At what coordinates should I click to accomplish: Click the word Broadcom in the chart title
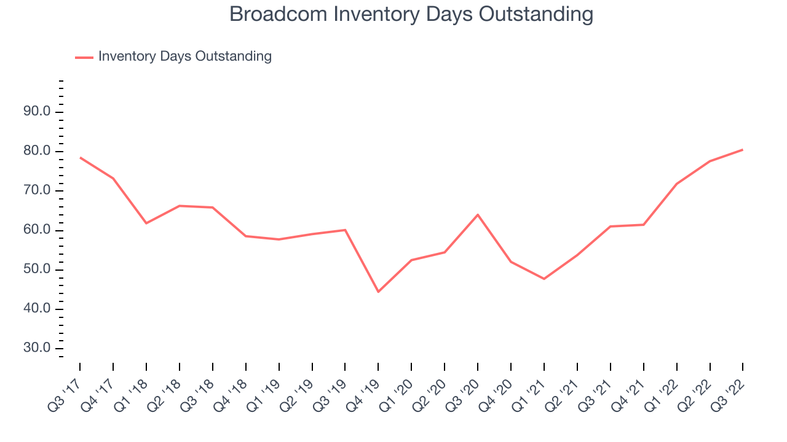click(x=279, y=14)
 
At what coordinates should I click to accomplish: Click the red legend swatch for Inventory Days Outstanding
click(x=84, y=58)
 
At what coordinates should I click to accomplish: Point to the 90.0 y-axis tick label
click(x=37, y=112)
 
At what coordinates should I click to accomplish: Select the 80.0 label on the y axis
click(x=37, y=151)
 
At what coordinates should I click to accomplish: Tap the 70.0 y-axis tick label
click(x=37, y=190)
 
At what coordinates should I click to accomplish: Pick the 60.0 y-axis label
click(x=37, y=230)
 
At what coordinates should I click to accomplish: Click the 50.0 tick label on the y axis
click(x=37, y=269)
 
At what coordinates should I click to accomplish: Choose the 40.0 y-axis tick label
click(x=37, y=309)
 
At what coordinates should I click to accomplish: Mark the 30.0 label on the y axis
click(x=37, y=348)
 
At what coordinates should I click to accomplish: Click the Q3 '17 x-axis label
click(x=65, y=396)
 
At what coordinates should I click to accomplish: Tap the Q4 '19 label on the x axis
click(x=363, y=396)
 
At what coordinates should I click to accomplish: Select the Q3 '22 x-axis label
click(x=727, y=396)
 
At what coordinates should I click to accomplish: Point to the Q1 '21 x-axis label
click(x=529, y=396)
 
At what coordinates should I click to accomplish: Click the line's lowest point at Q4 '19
click(x=378, y=292)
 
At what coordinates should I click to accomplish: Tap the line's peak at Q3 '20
click(x=478, y=215)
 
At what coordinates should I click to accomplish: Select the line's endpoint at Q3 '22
click(x=742, y=150)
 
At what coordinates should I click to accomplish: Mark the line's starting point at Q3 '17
click(x=80, y=158)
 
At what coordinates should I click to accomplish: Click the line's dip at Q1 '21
click(x=544, y=279)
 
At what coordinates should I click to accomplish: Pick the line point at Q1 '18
click(x=146, y=223)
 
